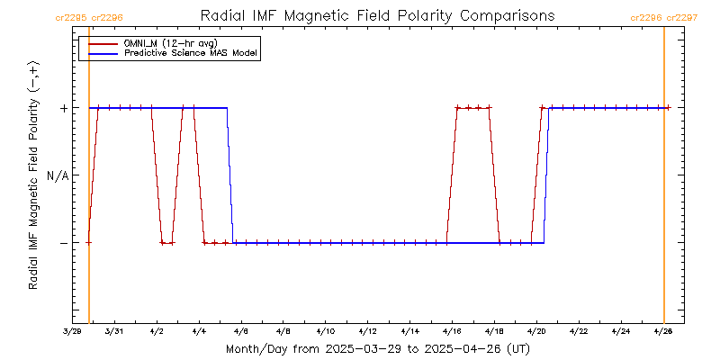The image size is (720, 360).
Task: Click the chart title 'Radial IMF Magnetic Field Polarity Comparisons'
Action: click(376, 16)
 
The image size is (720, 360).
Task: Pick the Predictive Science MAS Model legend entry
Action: click(191, 54)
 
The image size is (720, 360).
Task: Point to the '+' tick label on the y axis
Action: click(64, 108)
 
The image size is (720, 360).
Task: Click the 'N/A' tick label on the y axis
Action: click(58, 175)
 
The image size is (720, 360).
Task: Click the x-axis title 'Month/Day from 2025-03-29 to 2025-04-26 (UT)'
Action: click(376, 348)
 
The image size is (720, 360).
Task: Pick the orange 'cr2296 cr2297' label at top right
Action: click(664, 17)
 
